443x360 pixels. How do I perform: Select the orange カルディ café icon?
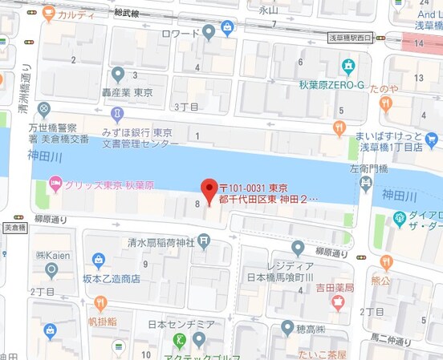49,13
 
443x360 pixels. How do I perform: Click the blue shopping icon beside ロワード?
229,29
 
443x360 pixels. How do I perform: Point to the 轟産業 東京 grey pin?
118,75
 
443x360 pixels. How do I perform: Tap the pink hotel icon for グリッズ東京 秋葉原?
55,185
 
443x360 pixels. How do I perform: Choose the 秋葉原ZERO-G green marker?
348,66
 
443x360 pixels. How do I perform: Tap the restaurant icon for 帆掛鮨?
100,303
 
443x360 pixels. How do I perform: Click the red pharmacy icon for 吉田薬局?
337,302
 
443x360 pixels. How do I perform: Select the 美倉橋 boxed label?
14,228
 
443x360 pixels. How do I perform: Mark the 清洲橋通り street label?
26,84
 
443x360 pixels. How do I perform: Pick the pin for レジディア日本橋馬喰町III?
298,248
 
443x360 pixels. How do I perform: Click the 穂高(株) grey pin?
287,327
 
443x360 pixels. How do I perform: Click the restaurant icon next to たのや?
386,103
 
